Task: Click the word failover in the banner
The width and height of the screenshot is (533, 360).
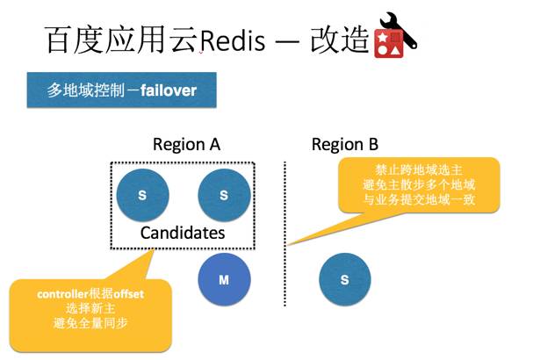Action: pyautogui.click(x=172, y=90)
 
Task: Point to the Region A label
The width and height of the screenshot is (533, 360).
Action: pyautogui.click(x=186, y=144)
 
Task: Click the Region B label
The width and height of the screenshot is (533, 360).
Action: pyautogui.click(x=345, y=144)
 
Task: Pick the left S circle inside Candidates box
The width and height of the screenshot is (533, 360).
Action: pyautogui.click(x=142, y=194)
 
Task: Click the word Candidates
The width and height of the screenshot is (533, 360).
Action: pyautogui.click(x=183, y=233)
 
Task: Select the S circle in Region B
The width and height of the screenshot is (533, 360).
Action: pyautogui.click(x=345, y=279)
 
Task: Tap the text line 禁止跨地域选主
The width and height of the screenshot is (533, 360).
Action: pyautogui.click(x=418, y=170)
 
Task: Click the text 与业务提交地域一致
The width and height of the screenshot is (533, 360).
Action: pyautogui.click(x=418, y=201)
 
